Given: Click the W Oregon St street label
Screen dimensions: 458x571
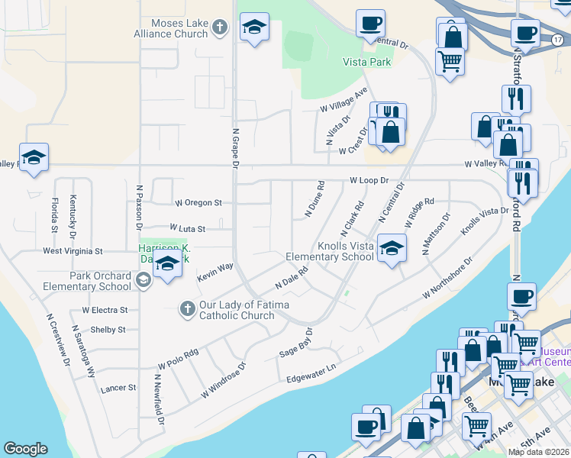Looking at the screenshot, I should coord(198,203).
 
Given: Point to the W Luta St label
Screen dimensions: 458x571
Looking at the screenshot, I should coord(188,228).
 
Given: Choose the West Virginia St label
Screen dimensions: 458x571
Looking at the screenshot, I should coord(73,250).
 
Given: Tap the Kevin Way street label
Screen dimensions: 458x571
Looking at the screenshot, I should coord(215,273).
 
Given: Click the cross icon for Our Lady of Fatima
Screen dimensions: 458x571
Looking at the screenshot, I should coord(188,309).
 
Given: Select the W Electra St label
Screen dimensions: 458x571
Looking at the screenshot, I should coord(105,310).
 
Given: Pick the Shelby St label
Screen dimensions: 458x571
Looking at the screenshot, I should coord(108,330).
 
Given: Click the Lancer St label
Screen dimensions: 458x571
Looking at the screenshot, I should coord(118,388).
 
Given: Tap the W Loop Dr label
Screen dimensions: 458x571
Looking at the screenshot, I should coord(369,180).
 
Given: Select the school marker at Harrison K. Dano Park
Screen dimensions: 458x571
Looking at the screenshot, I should coord(167,264).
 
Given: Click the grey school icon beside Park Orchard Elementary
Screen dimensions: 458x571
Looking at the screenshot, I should coord(142,281).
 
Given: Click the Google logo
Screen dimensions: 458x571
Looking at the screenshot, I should coord(25,449).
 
